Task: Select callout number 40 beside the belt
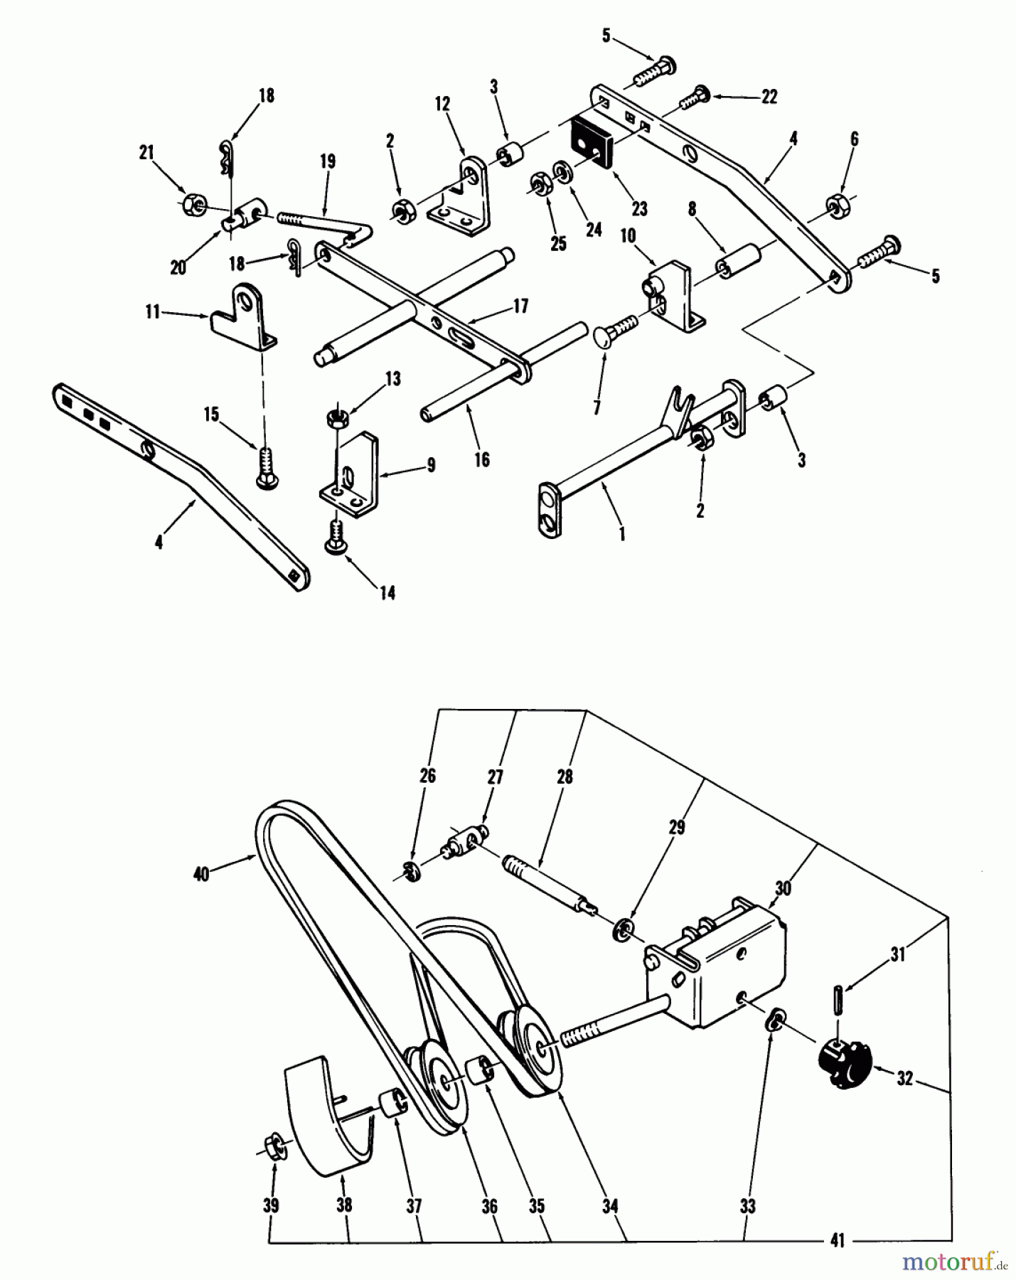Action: coord(201,874)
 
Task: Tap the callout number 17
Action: coord(521,306)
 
